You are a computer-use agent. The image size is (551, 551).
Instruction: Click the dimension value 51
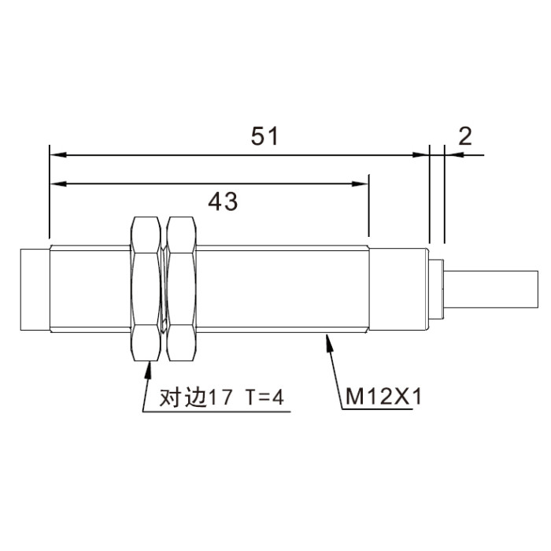pos(264,136)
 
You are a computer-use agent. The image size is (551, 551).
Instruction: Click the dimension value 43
pos(223,202)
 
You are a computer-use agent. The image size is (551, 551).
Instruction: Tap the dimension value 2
pos(465,136)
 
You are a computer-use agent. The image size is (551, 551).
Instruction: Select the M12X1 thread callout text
pos(383,397)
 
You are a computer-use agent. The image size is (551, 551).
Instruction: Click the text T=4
pos(264,398)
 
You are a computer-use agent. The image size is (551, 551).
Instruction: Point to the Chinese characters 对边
pos(183,398)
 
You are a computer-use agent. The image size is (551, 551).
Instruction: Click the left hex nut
pos(146,289)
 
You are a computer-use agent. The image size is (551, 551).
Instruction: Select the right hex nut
pos(181,289)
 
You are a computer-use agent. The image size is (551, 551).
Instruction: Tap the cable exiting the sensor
pos(491,289)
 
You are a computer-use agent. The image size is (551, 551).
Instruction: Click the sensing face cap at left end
pos(35,290)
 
